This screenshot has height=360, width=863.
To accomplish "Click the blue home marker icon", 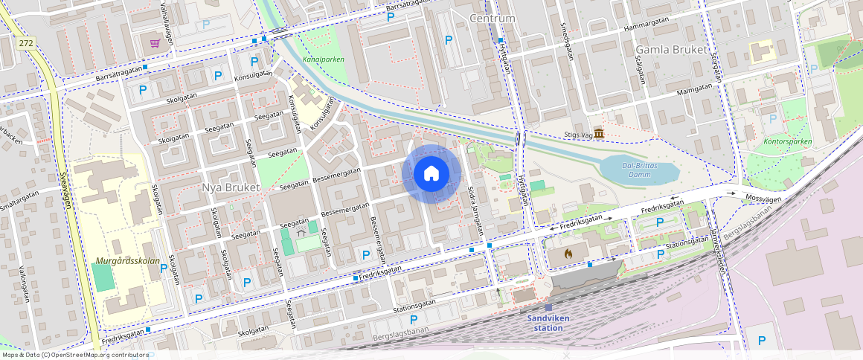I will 431,174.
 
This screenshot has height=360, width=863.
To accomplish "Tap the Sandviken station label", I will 548,322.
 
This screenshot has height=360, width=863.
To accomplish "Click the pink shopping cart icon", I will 155,43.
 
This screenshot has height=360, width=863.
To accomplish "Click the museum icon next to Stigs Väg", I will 599,134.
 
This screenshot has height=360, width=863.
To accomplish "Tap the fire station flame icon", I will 568,254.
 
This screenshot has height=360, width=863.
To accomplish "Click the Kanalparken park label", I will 324,59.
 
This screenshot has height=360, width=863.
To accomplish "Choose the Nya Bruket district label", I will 231,187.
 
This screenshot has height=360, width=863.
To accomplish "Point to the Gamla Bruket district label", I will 670,49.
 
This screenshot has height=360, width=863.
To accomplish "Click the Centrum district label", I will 493,18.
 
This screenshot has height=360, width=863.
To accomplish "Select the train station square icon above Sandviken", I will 548,307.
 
